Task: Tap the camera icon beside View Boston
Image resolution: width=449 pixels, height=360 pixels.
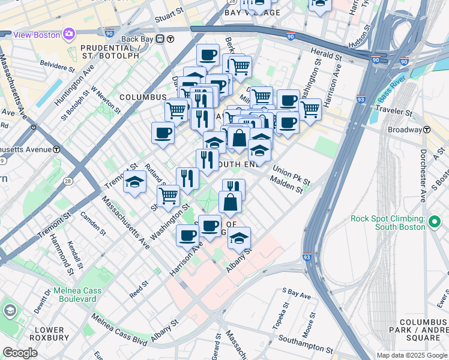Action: point(69,34)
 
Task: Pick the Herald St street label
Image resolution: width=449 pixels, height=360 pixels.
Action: point(326,54)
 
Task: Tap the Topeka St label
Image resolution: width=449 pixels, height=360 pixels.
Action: point(279,320)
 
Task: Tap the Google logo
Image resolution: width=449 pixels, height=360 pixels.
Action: point(20,353)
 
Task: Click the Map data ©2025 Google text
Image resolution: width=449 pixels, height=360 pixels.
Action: point(411,355)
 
